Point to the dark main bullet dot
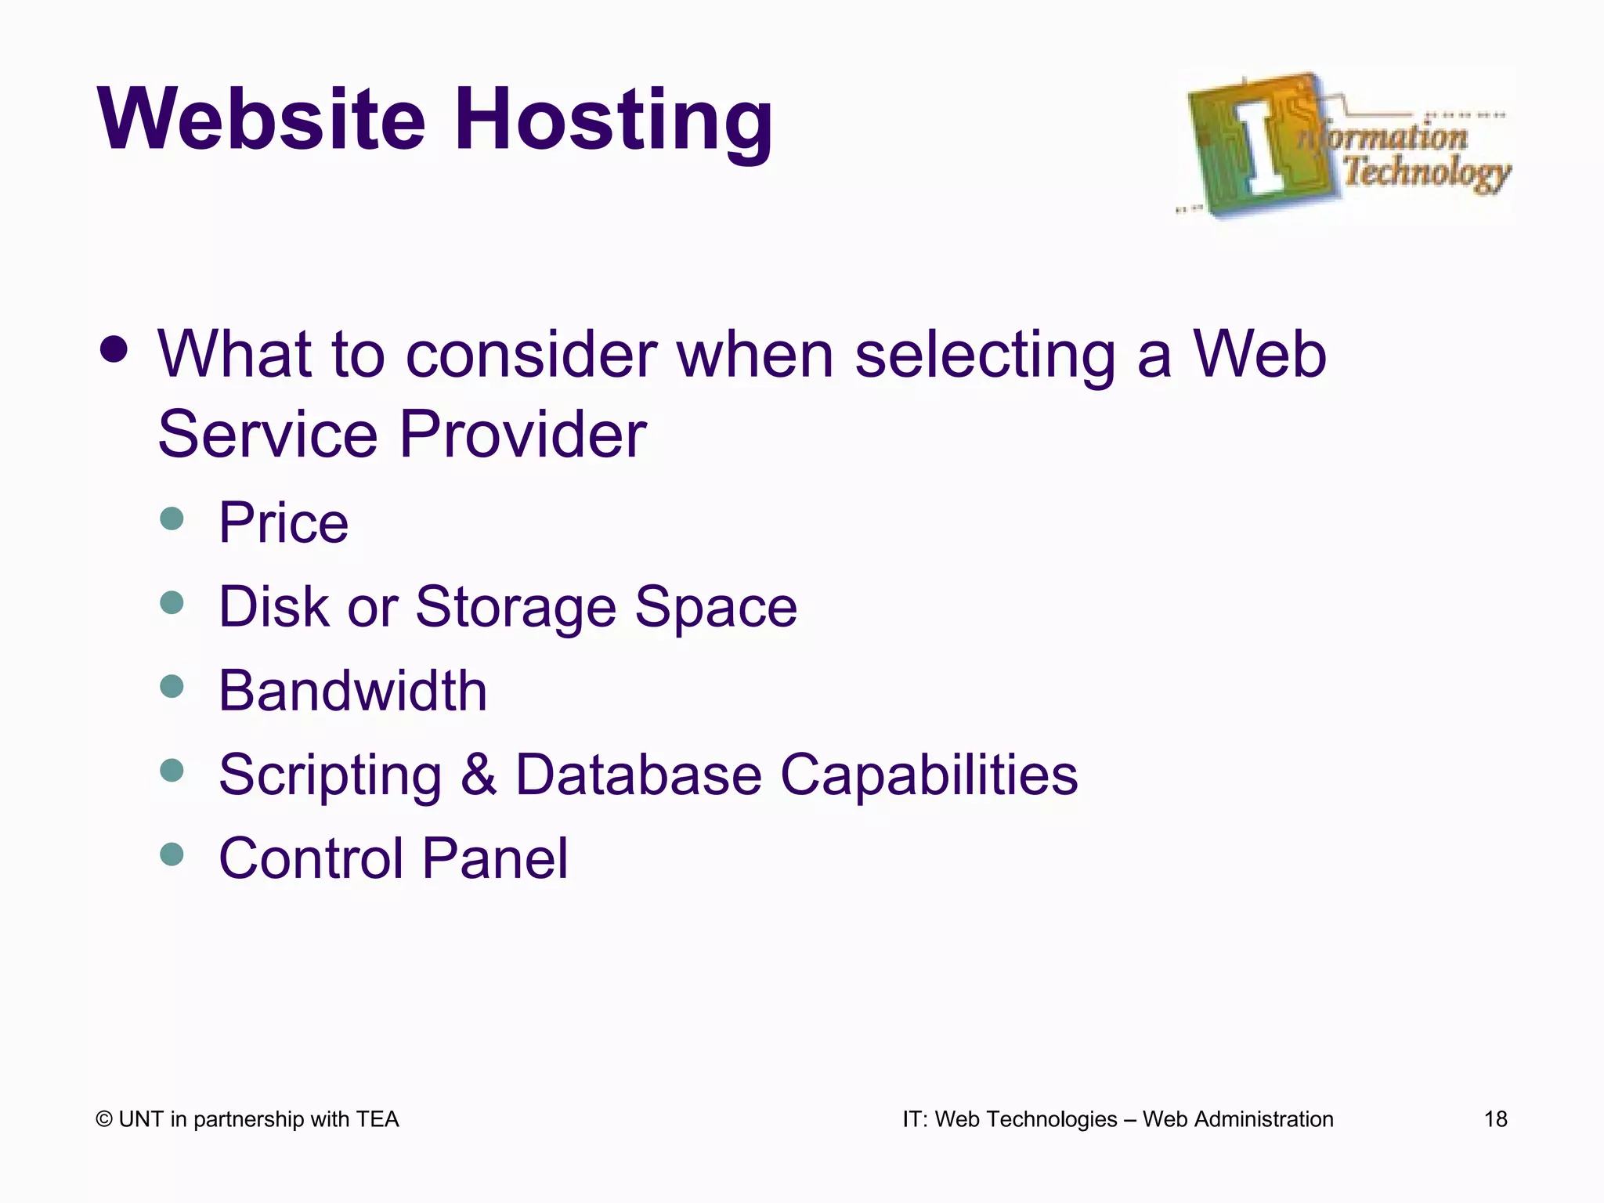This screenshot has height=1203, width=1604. coord(114,350)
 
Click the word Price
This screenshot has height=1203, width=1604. coord(283,522)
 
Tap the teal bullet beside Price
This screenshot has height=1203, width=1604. coord(172,518)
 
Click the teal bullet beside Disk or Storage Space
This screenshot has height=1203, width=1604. coord(172,602)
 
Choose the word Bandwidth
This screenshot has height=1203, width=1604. coord(352,691)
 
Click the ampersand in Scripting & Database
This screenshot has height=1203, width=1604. coord(479,775)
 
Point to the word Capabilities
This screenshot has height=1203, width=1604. coord(929,775)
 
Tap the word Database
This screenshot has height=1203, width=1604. coord(638,775)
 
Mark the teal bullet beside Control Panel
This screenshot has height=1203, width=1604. coord(172,854)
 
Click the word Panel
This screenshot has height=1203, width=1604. coord(495,858)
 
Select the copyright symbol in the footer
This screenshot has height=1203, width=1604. coord(104,1119)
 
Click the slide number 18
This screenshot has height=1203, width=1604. coord(1495,1119)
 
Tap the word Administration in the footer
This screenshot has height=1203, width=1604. coord(1263,1119)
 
